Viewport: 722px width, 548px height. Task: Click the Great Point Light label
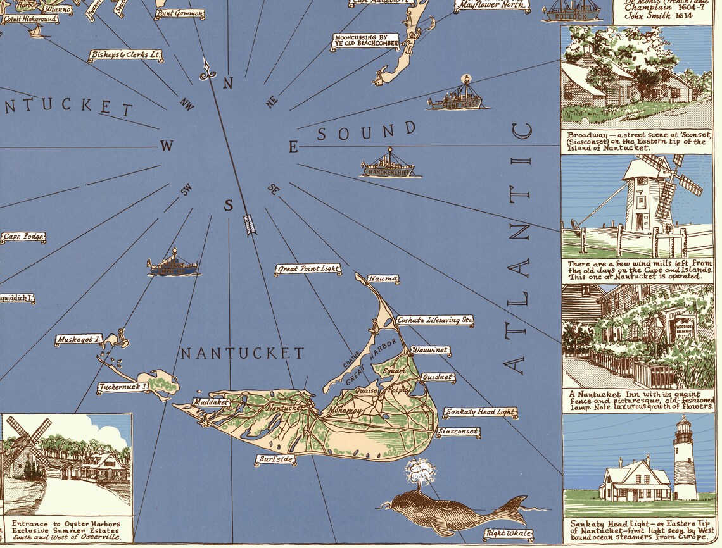point(308,270)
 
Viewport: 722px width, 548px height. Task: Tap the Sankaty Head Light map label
point(479,413)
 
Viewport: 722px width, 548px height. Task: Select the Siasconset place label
point(458,432)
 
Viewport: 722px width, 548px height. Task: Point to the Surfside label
point(275,459)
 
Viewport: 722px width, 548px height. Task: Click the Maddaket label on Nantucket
point(211,402)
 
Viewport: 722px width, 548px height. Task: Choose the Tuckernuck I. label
point(123,387)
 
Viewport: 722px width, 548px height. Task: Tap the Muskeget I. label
point(79,340)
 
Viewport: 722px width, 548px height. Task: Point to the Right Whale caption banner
point(508,534)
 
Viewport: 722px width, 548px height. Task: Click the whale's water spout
point(419,471)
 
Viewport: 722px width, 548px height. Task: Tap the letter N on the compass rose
point(228,83)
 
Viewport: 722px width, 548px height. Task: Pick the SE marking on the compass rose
point(274,189)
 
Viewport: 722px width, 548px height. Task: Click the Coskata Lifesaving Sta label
point(434,321)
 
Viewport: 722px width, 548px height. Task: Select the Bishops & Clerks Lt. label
point(126,56)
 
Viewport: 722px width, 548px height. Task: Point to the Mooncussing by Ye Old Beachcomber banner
point(366,41)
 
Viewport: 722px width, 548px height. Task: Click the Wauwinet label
point(430,350)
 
